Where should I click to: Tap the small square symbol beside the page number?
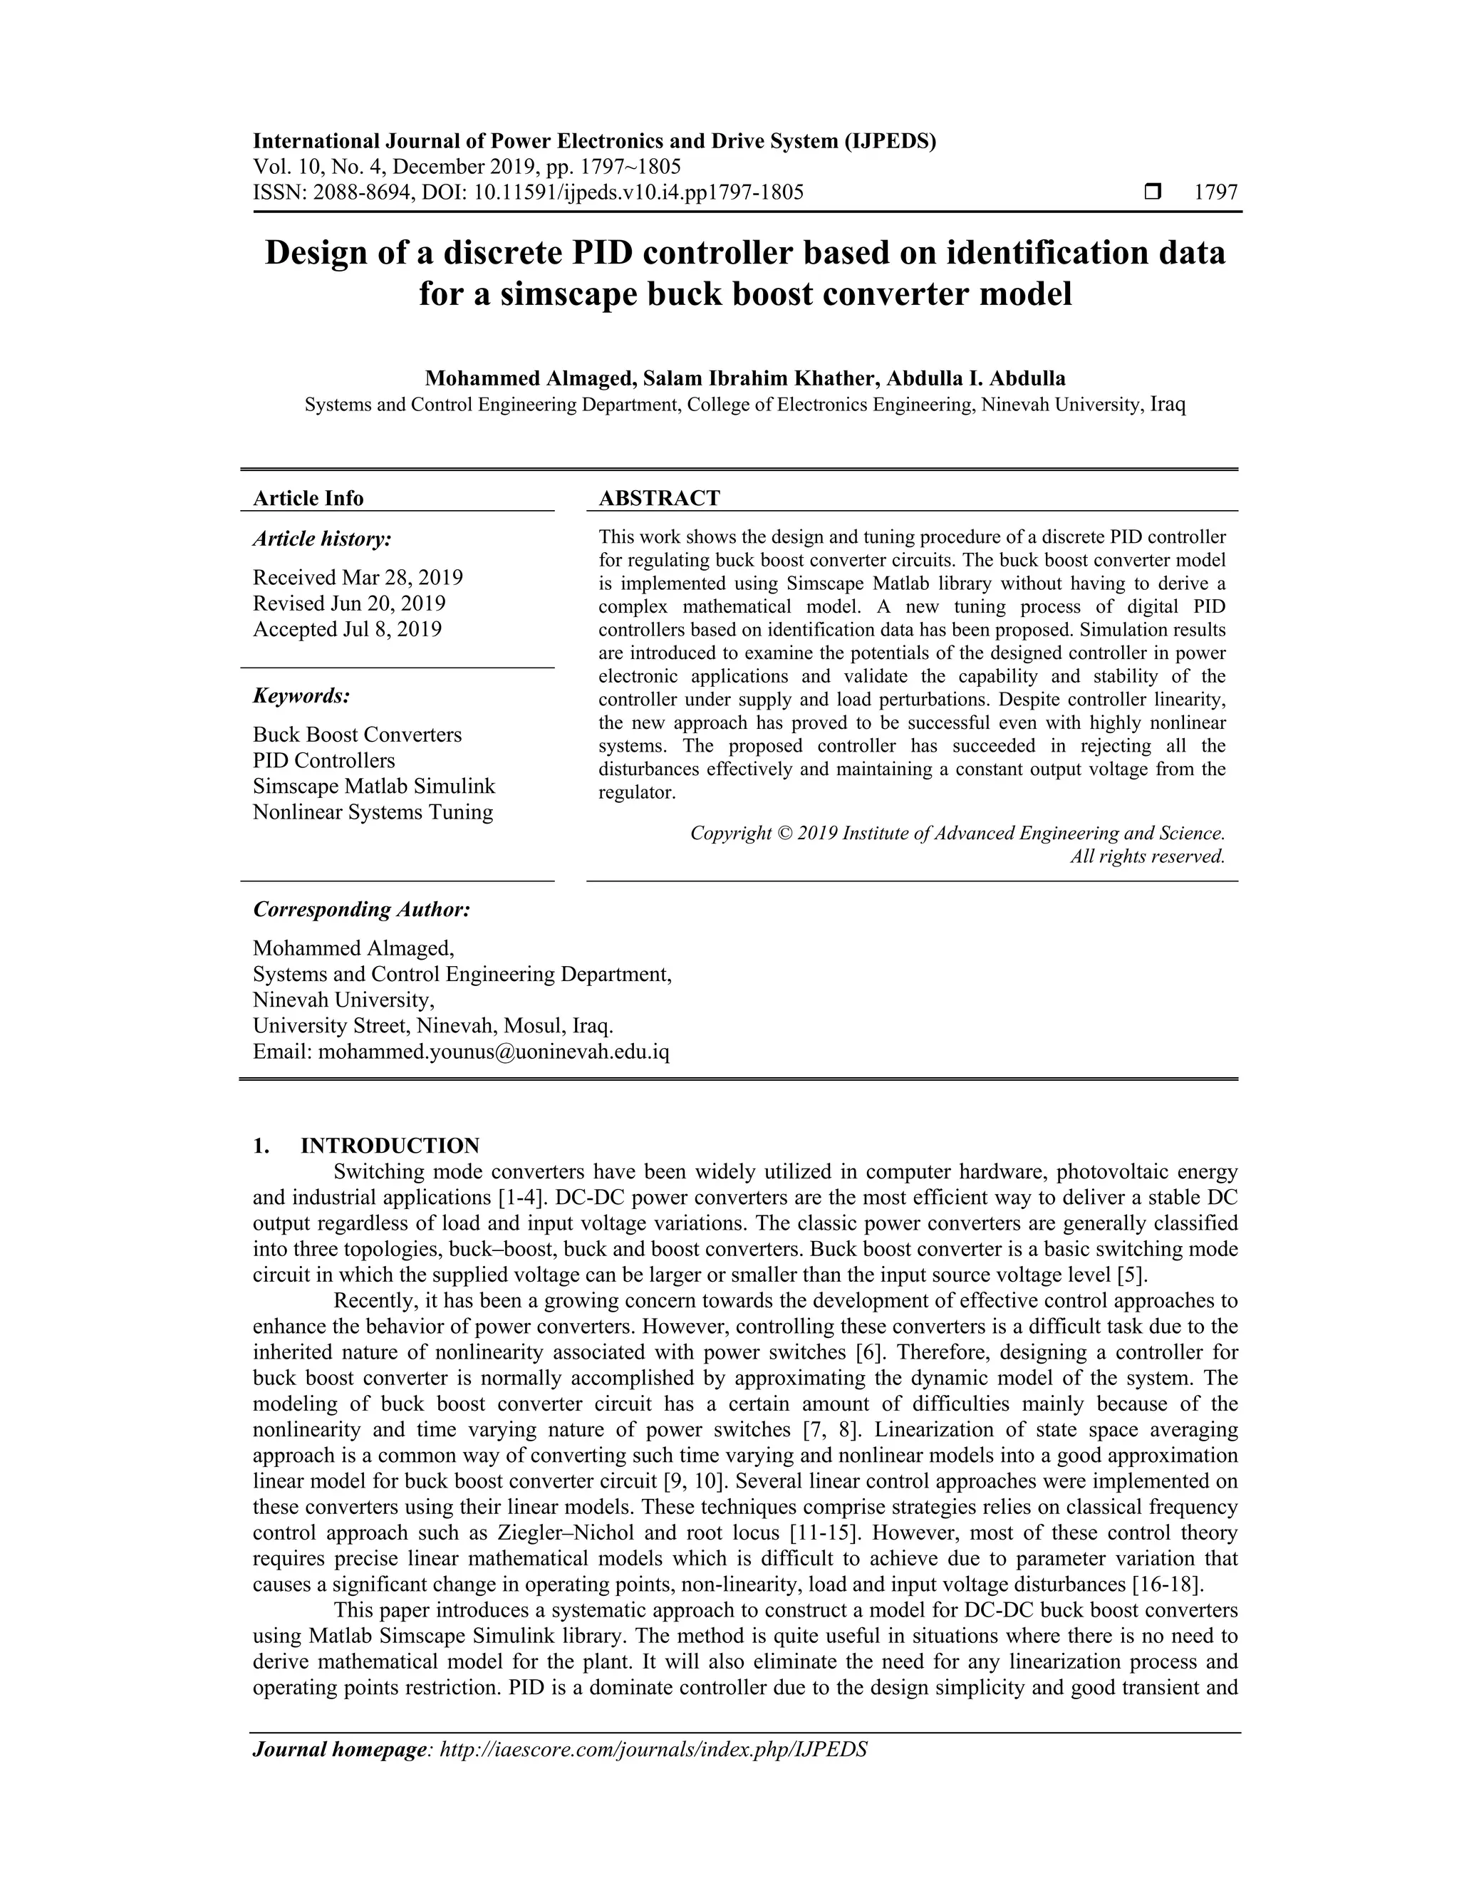1152,192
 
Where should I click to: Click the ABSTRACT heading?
659,498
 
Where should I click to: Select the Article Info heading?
308,498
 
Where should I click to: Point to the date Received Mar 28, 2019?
358,578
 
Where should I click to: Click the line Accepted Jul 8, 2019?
347,629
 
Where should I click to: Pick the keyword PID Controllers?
323,761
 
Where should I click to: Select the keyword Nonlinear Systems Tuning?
373,813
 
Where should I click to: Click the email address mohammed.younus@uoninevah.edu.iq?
494,1052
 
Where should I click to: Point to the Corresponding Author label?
361,909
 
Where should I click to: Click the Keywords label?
301,696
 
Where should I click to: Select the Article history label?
321,539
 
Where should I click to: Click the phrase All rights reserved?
1147,856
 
